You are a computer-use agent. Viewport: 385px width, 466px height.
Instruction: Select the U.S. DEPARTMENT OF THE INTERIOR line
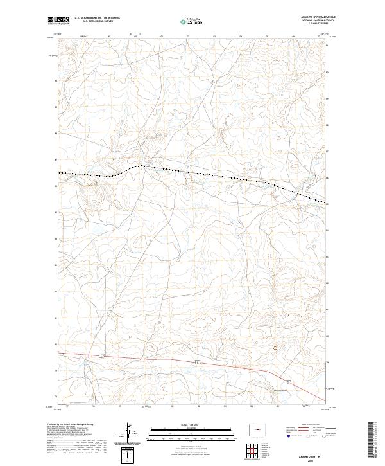tap(97, 19)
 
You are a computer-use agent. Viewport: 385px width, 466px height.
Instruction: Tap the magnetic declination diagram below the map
tap(132, 434)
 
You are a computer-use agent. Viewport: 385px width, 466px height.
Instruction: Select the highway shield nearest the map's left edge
tap(102, 354)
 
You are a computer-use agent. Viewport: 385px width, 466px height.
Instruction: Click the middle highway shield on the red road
tap(198, 363)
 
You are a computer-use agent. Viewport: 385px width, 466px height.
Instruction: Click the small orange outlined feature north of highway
tap(277, 348)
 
